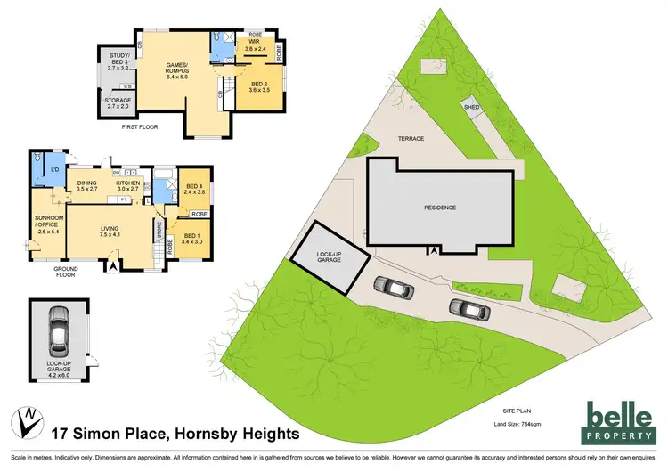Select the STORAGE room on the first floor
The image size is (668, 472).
pos(118,102)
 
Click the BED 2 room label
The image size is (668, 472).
pos(258,87)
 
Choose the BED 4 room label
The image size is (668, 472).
pos(194,187)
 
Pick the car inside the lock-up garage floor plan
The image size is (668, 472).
pos(59,329)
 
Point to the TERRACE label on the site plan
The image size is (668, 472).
pos(411,140)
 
